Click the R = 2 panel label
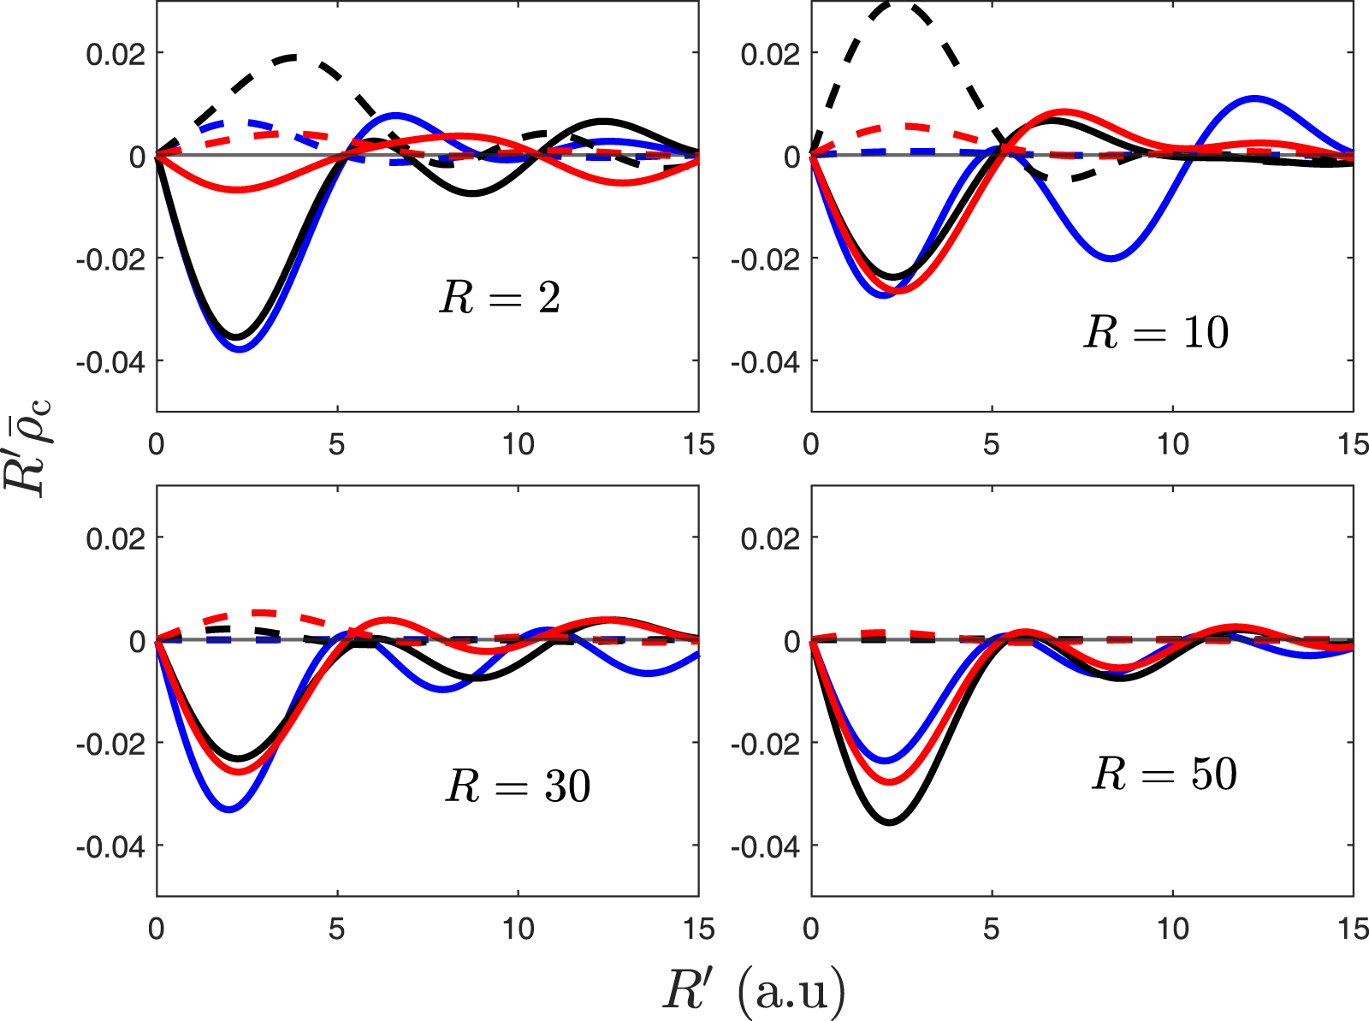(500, 298)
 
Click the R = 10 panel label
(1156, 332)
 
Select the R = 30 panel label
(518, 786)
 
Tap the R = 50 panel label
(1165, 775)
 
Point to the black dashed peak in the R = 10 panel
(895, 4)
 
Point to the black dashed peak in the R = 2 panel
(293, 57)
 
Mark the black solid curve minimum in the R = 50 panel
(890, 822)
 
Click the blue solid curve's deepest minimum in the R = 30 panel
(229, 809)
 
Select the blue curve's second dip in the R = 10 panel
(1110, 258)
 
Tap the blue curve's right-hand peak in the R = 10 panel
(1254, 98)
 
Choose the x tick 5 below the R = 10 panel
(992, 444)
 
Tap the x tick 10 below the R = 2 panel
(518, 444)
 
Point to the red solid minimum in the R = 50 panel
(890, 781)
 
